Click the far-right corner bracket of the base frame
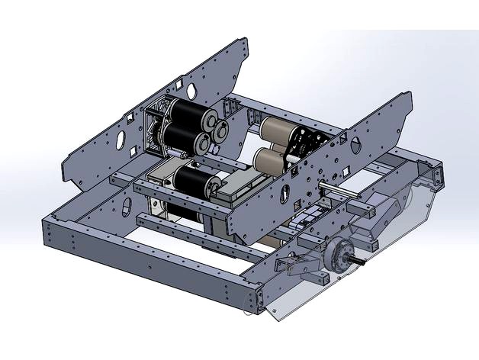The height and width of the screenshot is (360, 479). (x=438, y=176)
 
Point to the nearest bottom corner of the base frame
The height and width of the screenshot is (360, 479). (x=260, y=304)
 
